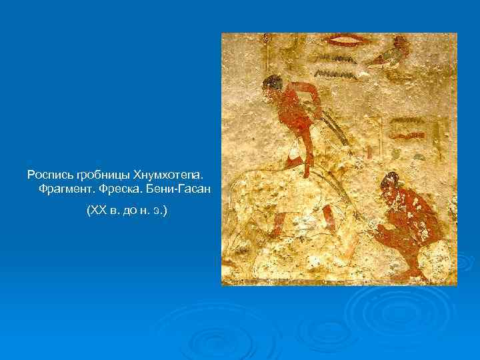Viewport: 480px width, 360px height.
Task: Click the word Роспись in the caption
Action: (50, 175)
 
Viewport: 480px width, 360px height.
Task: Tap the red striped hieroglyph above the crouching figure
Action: (408, 126)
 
